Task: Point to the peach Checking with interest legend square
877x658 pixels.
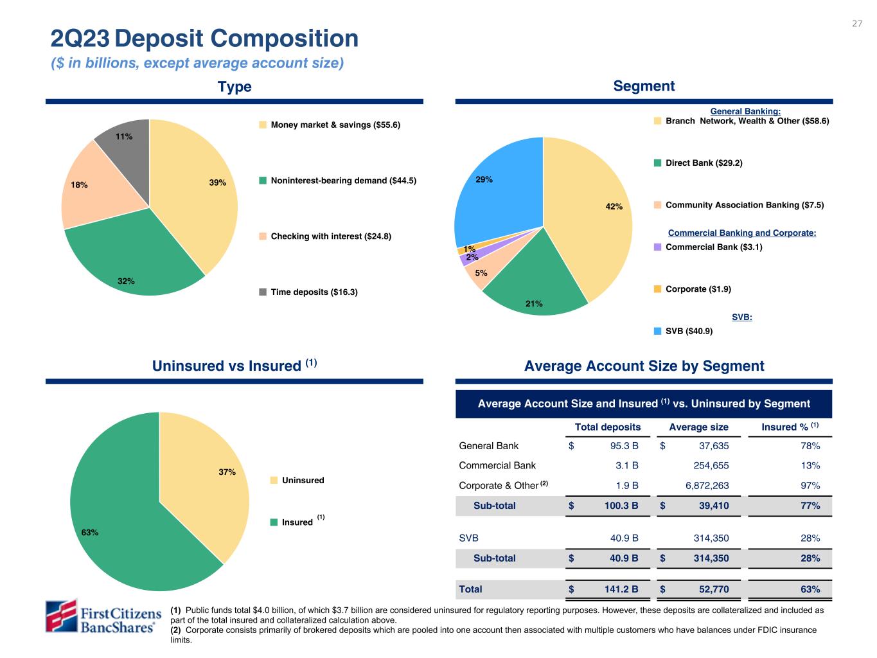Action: pyautogui.click(x=263, y=236)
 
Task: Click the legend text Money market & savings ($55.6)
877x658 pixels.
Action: pyautogui.click(x=335, y=125)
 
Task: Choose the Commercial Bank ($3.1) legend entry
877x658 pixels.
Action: pyautogui.click(x=713, y=247)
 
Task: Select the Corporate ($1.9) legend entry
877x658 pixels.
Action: pyautogui.click(x=698, y=289)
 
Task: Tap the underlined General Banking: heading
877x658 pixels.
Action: pyautogui.click(x=745, y=112)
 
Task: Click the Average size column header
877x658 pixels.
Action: pyautogui.click(x=698, y=427)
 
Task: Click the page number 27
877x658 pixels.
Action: pyautogui.click(x=857, y=24)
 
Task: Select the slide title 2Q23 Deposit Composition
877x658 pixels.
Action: pyautogui.click(x=204, y=39)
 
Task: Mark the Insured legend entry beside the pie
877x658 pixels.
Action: pyautogui.click(x=297, y=522)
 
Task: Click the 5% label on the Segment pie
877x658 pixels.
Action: pyautogui.click(x=481, y=273)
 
